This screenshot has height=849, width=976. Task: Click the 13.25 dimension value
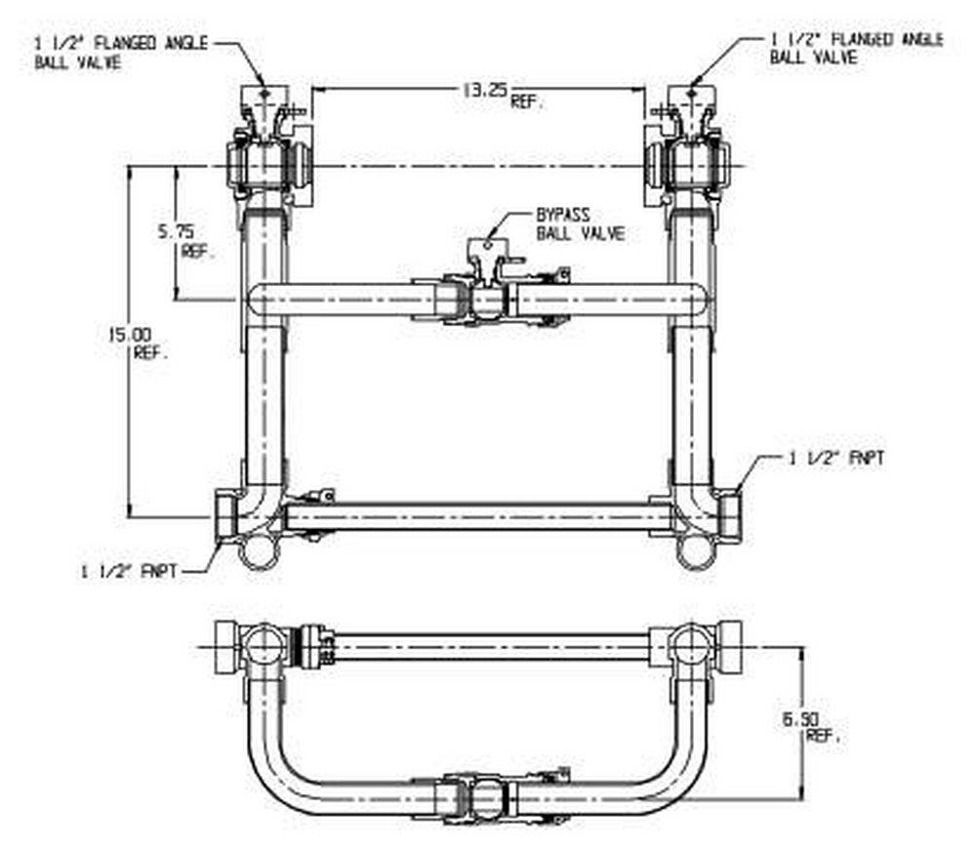click(x=482, y=91)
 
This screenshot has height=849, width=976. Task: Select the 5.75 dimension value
click(x=176, y=231)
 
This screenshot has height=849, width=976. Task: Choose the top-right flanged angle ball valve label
click(x=856, y=48)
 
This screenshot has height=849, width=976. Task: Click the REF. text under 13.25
click(x=528, y=102)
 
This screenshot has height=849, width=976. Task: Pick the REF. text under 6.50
click(x=823, y=738)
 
